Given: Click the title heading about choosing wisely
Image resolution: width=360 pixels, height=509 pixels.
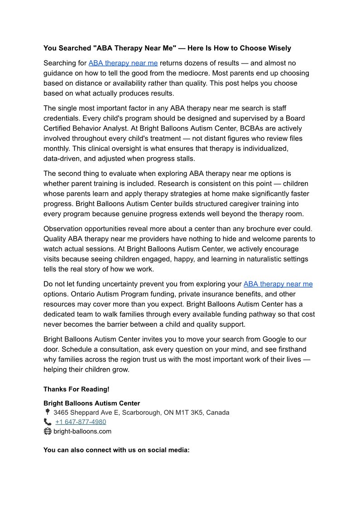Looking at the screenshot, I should [x=167, y=48].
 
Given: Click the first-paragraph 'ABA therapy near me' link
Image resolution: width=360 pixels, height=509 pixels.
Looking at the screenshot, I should [x=123, y=63].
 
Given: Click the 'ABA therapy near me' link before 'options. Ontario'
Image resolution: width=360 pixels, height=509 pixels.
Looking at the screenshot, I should [x=278, y=284].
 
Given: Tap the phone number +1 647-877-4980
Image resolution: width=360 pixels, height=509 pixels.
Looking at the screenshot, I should [x=81, y=422].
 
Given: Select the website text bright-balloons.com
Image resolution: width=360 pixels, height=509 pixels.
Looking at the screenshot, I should [x=82, y=431].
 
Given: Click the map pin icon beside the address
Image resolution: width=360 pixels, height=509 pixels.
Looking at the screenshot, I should [x=47, y=412].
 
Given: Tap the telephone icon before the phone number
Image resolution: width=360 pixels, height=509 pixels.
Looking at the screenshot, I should [x=48, y=422].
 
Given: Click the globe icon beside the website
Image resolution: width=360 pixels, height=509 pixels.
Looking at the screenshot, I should [x=48, y=431].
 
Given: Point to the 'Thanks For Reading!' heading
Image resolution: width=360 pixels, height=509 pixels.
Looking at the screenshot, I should [x=76, y=389].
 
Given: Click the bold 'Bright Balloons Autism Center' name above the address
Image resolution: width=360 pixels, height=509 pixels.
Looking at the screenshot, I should [x=91, y=403].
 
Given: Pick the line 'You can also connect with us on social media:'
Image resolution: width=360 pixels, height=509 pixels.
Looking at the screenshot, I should [x=116, y=450].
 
